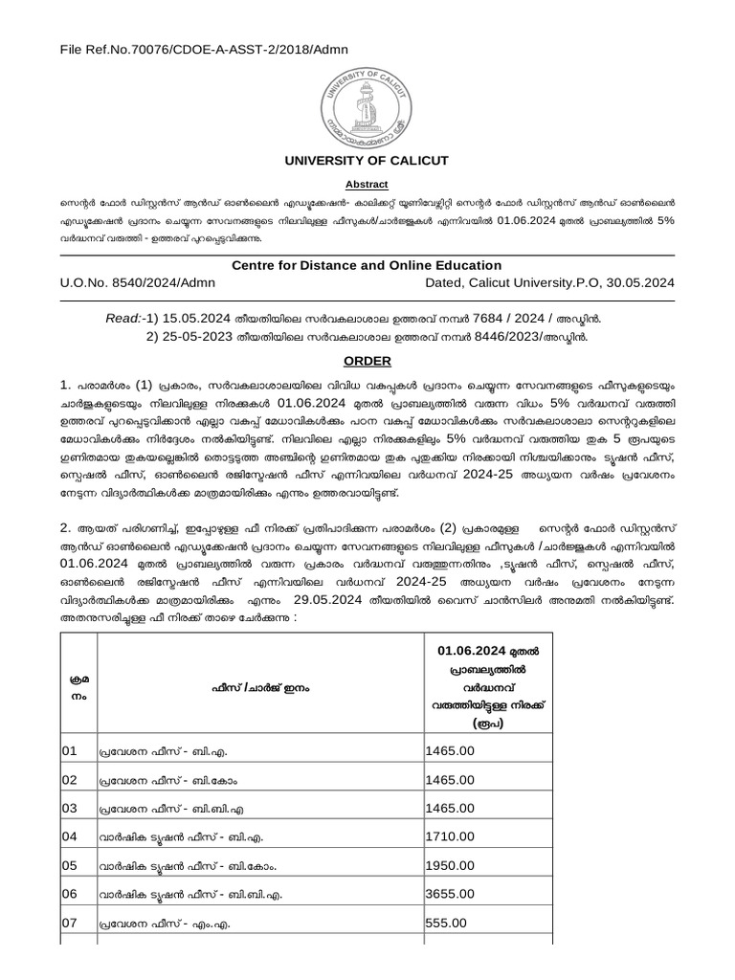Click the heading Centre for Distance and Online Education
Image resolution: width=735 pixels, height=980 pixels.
point(367,265)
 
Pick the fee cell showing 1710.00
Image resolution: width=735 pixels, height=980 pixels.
point(450,836)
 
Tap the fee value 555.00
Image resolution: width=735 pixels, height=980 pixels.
point(446,923)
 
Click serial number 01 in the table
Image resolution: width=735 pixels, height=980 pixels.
point(70,751)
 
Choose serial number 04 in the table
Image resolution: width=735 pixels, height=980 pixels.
point(70,836)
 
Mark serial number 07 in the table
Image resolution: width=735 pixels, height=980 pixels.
point(70,923)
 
